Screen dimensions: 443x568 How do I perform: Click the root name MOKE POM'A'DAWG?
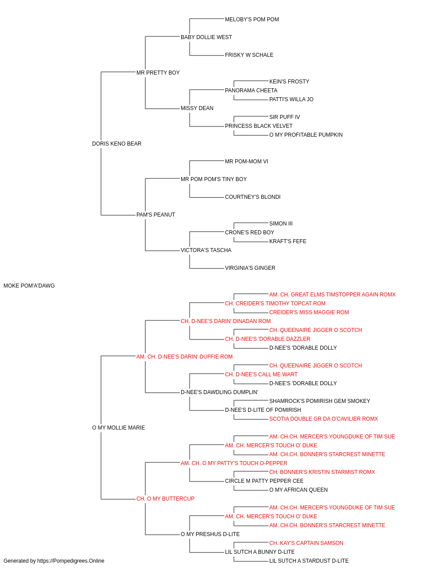click(x=29, y=286)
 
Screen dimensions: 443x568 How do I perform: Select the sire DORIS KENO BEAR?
click(x=117, y=144)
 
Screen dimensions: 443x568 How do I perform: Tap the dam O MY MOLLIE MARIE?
click(x=118, y=428)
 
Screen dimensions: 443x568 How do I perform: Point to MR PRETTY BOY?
click(x=158, y=73)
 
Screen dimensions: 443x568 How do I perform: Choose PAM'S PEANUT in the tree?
click(x=155, y=215)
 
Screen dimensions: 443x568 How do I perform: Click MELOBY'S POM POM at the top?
click(x=252, y=20)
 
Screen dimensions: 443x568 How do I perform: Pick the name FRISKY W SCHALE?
click(x=249, y=55)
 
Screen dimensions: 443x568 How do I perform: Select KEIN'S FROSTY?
click(x=289, y=82)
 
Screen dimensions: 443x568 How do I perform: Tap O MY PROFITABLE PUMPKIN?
click(x=306, y=135)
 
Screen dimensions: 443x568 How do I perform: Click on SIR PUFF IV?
click(x=284, y=117)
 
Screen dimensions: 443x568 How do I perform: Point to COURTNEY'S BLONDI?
click(x=253, y=197)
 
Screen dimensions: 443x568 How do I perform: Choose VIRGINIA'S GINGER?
click(x=250, y=268)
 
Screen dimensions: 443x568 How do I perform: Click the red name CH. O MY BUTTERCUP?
click(x=165, y=499)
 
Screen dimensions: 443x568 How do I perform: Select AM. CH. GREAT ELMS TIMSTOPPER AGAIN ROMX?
click(x=332, y=295)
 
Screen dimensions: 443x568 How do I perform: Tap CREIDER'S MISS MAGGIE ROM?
click(x=309, y=312)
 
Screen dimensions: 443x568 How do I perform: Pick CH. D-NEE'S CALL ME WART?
click(x=261, y=375)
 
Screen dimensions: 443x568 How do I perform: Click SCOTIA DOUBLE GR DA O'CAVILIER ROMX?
click(x=323, y=419)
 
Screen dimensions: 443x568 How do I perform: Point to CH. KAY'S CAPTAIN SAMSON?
click(x=306, y=543)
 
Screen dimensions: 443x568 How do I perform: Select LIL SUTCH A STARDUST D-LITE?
click(x=309, y=561)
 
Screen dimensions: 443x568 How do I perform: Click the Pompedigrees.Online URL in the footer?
click(x=70, y=561)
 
